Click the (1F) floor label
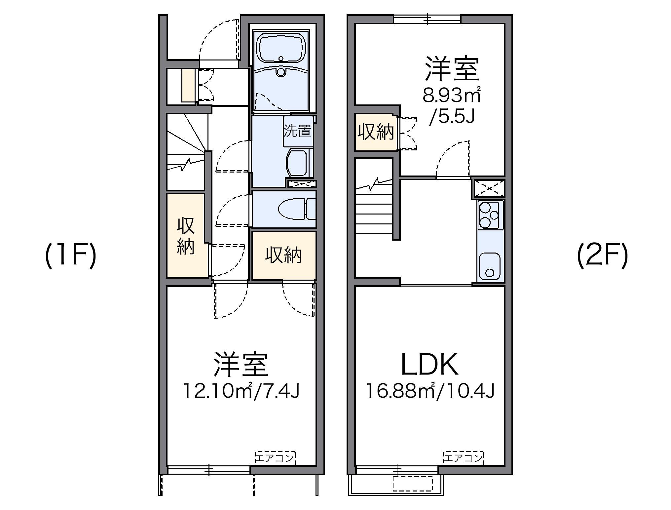click(x=70, y=256)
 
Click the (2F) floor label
click(x=602, y=256)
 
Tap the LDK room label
click(x=429, y=365)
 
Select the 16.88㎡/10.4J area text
click(x=429, y=391)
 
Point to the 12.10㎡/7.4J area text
click(x=241, y=391)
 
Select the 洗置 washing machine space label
click(x=298, y=131)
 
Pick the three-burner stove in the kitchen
click(x=490, y=215)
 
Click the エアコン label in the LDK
click(x=463, y=458)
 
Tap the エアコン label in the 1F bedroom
click(x=275, y=458)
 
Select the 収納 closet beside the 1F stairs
click(x=186, y=235)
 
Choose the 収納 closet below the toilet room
click(x=284, y=255)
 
